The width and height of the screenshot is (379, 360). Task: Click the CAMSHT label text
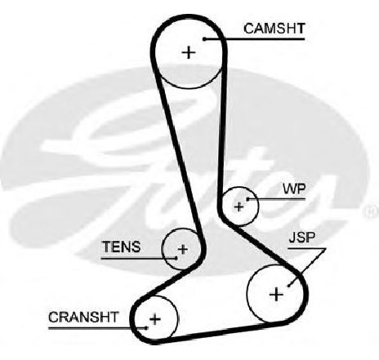click(x=274, y=29)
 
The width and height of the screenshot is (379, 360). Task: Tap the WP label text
click(x=294, y=189)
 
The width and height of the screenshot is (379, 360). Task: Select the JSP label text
click(x=302, y=238)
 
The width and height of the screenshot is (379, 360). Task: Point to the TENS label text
click(x=122, y=247)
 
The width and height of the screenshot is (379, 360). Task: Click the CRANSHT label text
click(x=83, y=317)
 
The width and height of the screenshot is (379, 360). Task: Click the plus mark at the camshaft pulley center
click(x=189, y=52)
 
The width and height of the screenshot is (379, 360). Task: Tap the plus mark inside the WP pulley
click(x=239, y=207)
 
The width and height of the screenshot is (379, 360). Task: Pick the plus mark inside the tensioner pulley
click(x=183, y=249)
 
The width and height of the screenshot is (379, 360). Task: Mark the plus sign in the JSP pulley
click(x=276, y=295)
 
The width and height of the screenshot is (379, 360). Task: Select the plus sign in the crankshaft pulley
click(x=155, y=319)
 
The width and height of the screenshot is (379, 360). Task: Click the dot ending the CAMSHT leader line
click(x=204, y=39)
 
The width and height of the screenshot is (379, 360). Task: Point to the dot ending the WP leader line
click(x=247, y=199)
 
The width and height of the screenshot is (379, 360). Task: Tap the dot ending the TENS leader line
click(x=176, y=258)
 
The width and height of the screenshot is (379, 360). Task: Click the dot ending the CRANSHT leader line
click(x=146, y=328)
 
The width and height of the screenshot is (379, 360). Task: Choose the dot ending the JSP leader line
click(x=289, y=286)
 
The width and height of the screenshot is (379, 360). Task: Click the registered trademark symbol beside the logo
click(x=372, y=211)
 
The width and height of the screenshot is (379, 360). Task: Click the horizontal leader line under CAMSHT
click(x=254, y=39)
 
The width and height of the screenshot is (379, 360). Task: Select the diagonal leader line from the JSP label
click(x=307, y=267)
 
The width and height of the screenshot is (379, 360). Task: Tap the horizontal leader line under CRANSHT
click(x=97, y=328)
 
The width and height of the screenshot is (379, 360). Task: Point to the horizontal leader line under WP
click(x=276, y=199)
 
